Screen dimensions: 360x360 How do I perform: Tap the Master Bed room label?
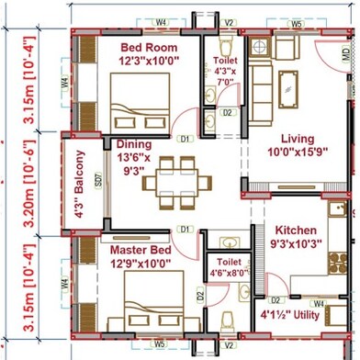tap(142, 249)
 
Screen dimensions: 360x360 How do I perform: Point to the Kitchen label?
tap(296, 230)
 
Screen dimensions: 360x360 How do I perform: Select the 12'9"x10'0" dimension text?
tap(143, 264)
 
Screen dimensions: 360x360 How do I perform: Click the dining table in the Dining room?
tap(174, 181)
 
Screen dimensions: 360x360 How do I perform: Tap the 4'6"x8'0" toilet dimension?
tap(223, 272)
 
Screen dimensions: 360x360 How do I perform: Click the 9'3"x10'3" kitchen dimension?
tap(296, 244)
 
